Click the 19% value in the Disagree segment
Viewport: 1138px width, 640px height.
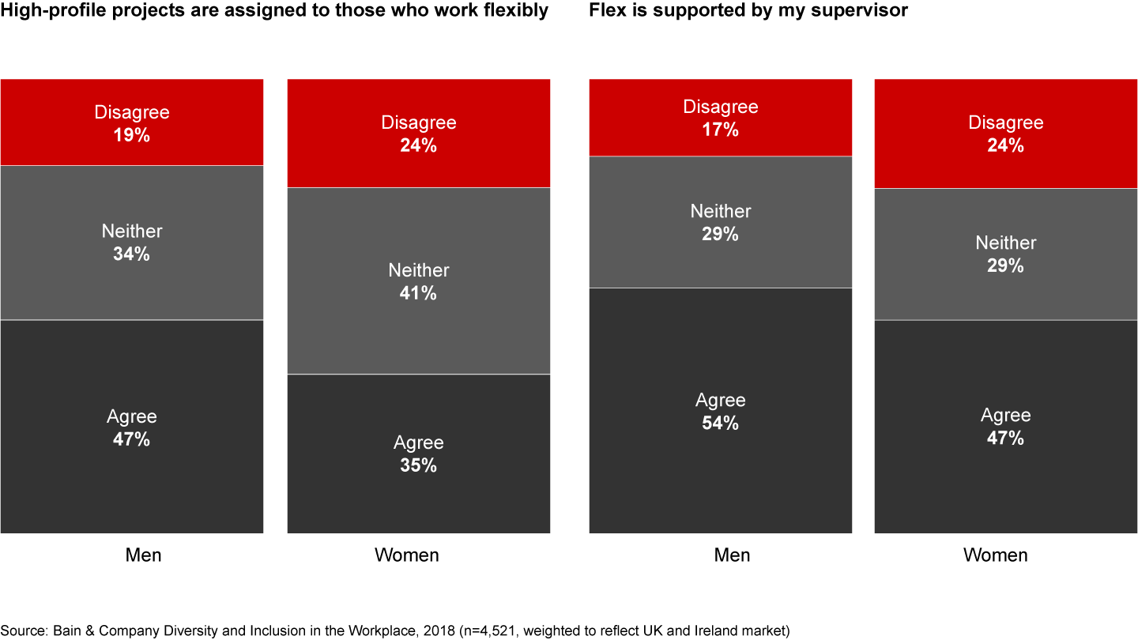[132, 135]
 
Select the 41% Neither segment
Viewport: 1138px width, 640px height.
[418, 280]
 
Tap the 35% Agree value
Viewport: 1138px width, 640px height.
[418, 465]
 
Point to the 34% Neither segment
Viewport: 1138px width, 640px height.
[131, 243]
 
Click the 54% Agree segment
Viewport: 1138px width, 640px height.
[720, 411]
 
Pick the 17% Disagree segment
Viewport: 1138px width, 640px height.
[720, 118]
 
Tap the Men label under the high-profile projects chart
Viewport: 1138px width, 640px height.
[143, 555]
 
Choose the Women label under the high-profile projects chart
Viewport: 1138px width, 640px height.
[406, 555]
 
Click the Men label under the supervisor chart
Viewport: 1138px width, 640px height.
[732, 555]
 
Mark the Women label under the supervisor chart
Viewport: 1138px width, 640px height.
[995, 555]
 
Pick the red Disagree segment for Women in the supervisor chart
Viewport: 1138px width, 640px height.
[1005, 134]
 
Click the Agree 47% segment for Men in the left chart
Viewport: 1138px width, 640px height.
[131, 427]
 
